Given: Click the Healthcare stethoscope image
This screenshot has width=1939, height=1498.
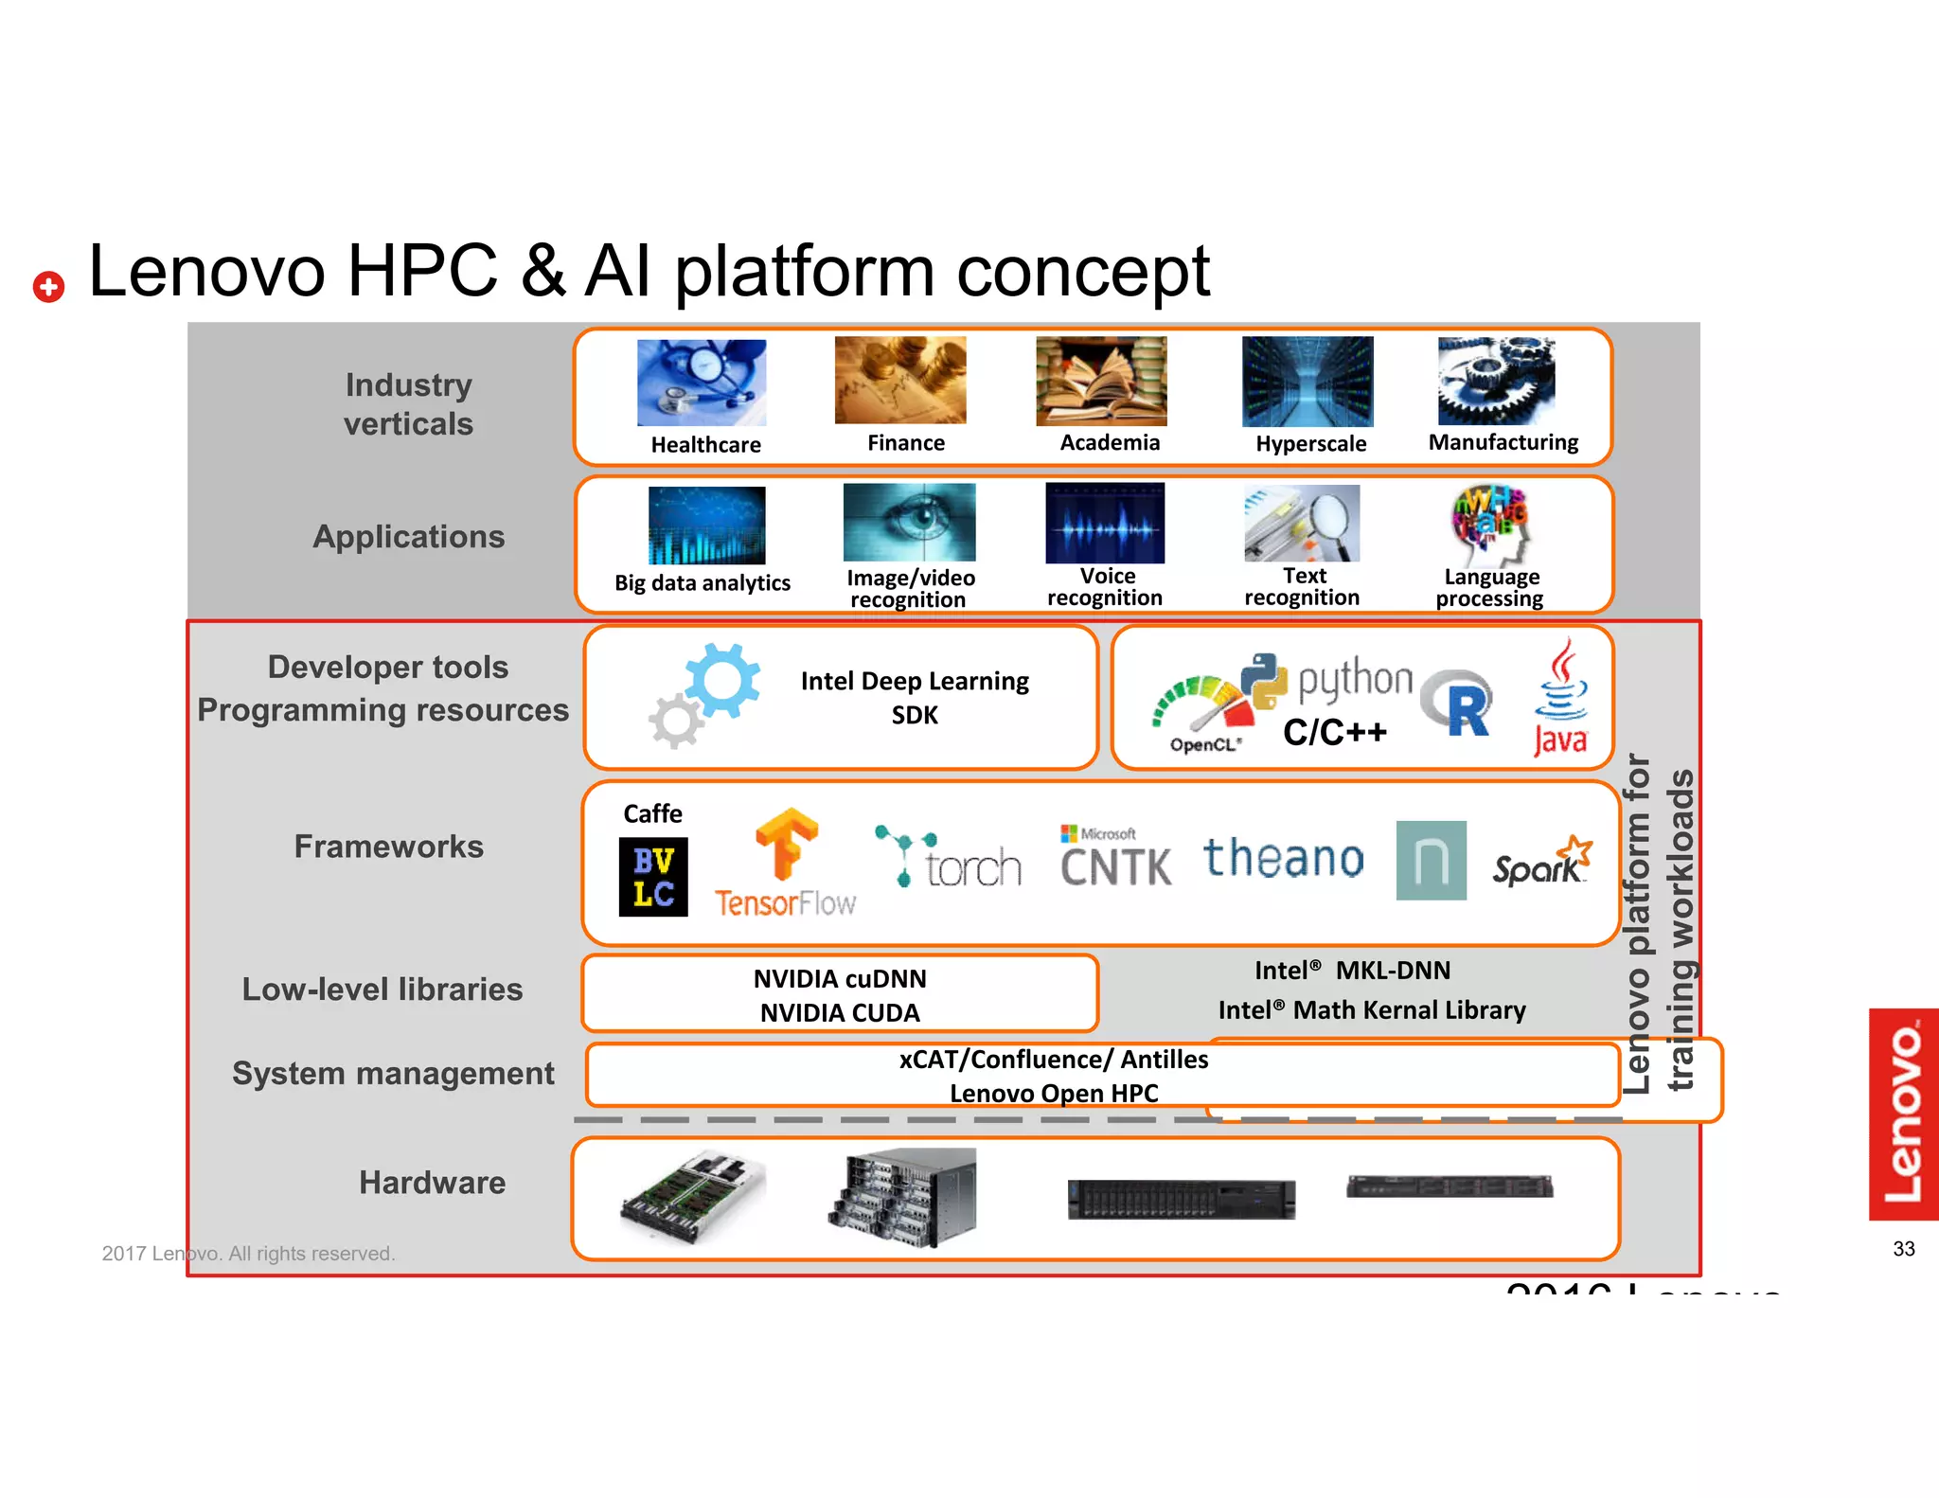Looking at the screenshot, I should click(x=702, y=383).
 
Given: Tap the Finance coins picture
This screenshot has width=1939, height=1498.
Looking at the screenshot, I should click(x=900, y=381).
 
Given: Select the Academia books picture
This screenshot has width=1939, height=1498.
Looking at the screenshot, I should click(x=1101, y=381).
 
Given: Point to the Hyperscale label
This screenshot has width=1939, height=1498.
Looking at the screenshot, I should click(x=1310, y=444).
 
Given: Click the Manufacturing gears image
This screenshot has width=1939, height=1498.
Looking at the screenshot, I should click(x=1496, y=381).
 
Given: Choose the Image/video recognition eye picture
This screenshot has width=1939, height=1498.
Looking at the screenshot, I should click(x=909, y=523).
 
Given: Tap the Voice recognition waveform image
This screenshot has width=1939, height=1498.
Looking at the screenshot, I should click(x=1105, y=523).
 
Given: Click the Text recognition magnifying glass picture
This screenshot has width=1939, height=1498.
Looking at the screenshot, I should click(x=1302, y=524).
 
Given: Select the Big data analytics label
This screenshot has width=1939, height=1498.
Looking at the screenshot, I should click(x=702, y=583).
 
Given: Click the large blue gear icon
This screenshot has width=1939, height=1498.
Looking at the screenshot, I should click(x=722, y=679).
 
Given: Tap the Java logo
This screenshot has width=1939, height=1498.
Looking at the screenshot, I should click(x=1560, y=698).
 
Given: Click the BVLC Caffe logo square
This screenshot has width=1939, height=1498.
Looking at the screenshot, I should click(x=653, y=877).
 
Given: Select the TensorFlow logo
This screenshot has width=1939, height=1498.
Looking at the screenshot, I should click(x=785, y=864).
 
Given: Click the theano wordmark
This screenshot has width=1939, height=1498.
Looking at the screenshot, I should click(x=1283, y=858).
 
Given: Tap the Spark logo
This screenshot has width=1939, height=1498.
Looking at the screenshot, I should click(x=1541, y=862).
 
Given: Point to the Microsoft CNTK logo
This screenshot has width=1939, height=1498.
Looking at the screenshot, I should click(x=1115, y=857).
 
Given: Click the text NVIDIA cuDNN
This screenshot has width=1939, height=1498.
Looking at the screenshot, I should click(x=840, y=979).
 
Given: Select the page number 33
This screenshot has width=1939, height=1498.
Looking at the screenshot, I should click(x=1903, y=1249).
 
